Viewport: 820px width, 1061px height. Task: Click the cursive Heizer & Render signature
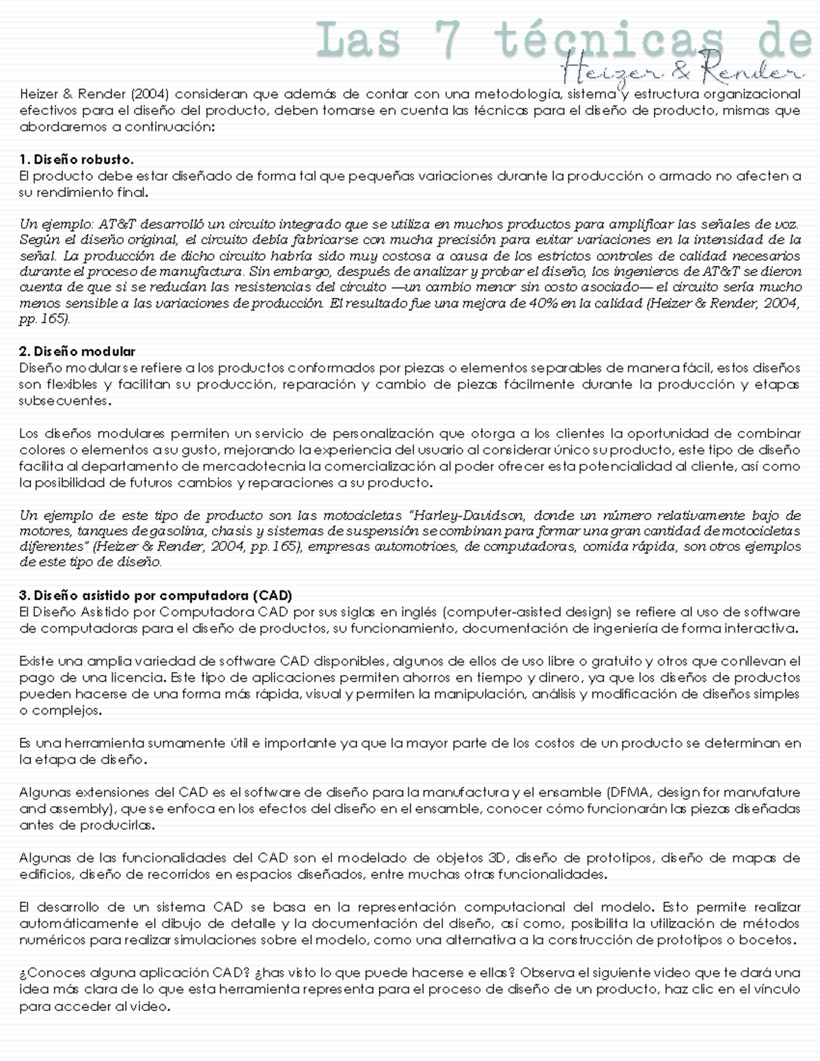[x=680, y=69]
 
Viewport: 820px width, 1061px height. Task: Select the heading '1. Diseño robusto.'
[x=77, y=159]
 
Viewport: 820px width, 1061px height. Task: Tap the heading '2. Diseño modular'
[x=77, y=352]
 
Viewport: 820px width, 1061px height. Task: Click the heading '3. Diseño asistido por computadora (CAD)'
[x=156, y=595]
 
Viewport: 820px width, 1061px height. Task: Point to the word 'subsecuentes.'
[x=65, y=401]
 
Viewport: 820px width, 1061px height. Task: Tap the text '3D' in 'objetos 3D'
[x=497, y=858]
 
